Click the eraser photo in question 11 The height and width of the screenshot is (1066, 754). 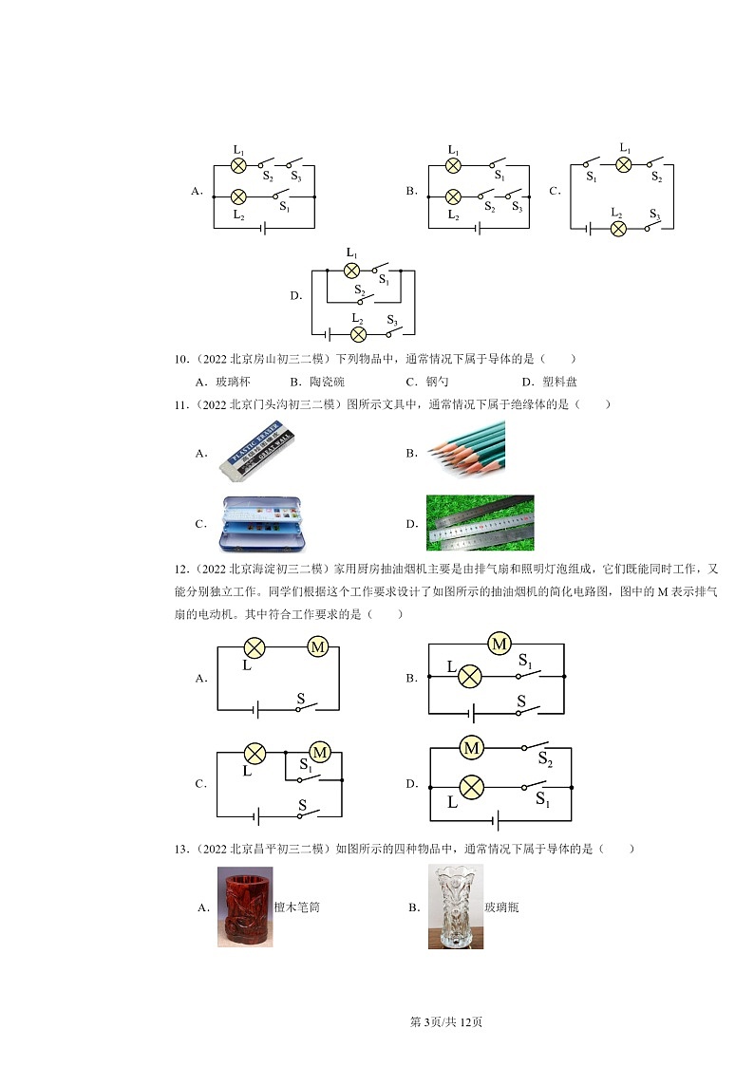click(257, 453)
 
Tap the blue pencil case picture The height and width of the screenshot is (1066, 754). click(262, 523)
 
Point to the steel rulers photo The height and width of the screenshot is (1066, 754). click(480, 523)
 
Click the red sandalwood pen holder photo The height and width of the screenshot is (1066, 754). click(245, 907)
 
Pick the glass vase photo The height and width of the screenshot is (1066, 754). click(456, 907)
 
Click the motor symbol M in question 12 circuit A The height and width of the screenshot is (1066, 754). click(317, 647)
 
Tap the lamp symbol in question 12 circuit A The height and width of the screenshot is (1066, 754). click(254, 648)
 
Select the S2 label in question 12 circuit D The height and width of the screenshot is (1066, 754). click(545, 758)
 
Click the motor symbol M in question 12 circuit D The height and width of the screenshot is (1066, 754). click(472, 749)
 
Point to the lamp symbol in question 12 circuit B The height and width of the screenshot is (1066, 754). click(470, 677)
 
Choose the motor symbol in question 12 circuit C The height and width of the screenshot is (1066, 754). click(320, 753)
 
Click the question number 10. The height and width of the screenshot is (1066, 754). click(181, 359)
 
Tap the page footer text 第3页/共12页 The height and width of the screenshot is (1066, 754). click(446, 1021)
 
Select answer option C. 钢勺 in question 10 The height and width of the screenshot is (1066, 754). click(427, 382)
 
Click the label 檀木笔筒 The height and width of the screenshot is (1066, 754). click(297, 907)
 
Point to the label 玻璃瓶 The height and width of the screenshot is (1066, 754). click(501, 907)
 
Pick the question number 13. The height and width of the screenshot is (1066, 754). click(181, 849)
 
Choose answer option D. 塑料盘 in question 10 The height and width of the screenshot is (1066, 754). click(549, 382)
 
